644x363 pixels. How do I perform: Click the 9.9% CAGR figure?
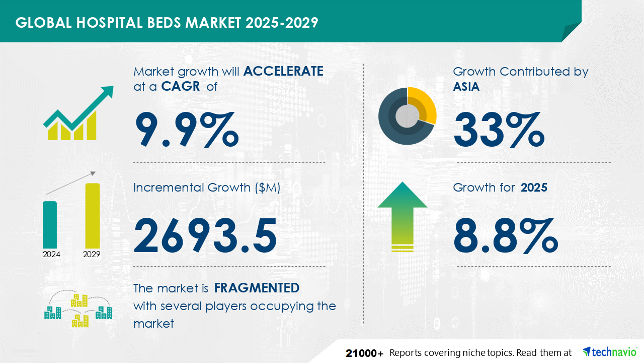coord(187,130)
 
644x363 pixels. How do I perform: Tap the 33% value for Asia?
coord(499,130)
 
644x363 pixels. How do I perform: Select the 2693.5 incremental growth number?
coord(205,235)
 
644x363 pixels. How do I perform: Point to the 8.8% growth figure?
coord(506,235)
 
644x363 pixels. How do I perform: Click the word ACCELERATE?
coord(283,72)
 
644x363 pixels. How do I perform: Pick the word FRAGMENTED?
coord(257,288)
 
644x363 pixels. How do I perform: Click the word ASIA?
coord(466,86)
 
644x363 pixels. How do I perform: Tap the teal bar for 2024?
coord(50,225)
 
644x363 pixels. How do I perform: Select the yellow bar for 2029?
coord(93,215)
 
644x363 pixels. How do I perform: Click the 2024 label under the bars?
coord(51,254)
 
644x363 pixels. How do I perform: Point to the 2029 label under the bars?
coord(92,254)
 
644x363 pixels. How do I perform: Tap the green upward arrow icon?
coord(403,217)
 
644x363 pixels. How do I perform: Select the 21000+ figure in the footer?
coord(365,353)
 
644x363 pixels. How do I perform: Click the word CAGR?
coord(181,86)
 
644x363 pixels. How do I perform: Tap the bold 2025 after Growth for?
coord(534,188)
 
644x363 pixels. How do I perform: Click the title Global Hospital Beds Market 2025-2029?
coord(167,23)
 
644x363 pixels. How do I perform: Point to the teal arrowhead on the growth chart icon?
coord(108,92)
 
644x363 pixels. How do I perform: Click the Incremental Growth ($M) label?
coord(207,188)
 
